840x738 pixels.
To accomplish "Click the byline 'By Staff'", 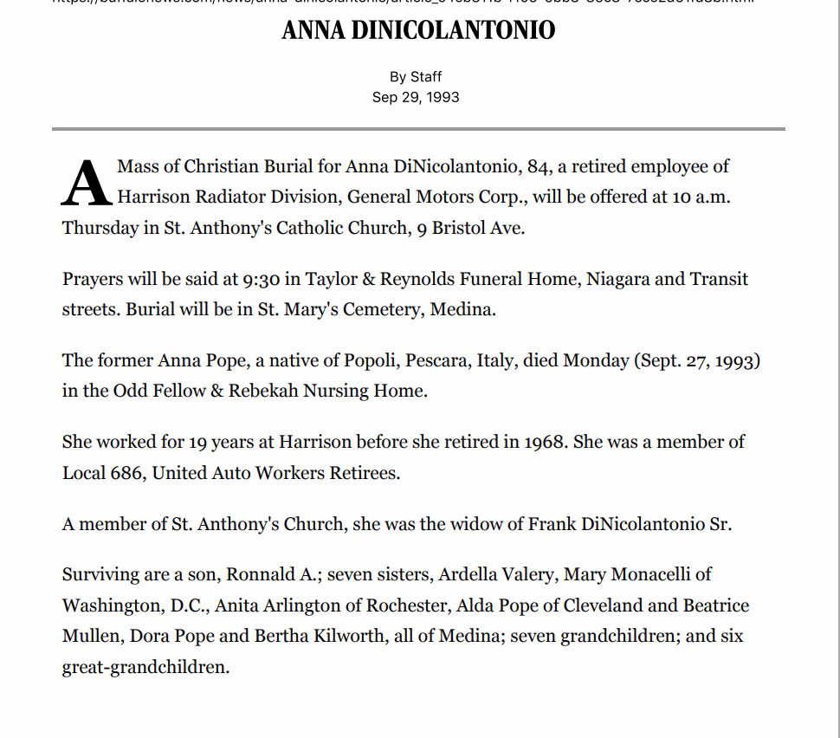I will tap(416, 77).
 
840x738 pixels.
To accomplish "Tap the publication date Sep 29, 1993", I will tap(416, 97).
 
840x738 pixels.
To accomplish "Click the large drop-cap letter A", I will tap(86, 184).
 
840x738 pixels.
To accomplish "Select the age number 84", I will tap(539, 166).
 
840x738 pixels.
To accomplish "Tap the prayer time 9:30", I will tap(262, 279).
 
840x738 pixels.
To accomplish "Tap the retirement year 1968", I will tap(546, 442).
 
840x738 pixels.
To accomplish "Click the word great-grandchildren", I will tap(145, 668).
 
